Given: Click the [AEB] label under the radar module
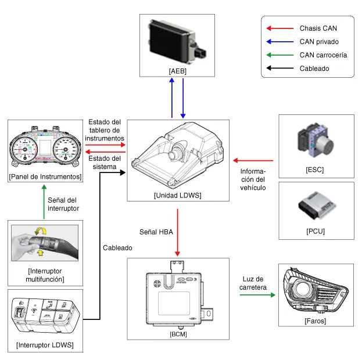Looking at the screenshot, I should tap(178, 70).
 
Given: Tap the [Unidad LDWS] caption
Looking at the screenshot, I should tap(178, 195).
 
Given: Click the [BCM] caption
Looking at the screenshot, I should tap(178, 334).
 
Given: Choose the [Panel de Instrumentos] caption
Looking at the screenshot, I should tap(45, 176).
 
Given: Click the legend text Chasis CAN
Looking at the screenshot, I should tap(318, 28).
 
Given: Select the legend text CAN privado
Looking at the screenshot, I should tap(319, 41).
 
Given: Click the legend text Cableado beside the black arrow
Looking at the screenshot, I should tap(314, 69).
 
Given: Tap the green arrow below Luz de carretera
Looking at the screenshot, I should tap(256, 295).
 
